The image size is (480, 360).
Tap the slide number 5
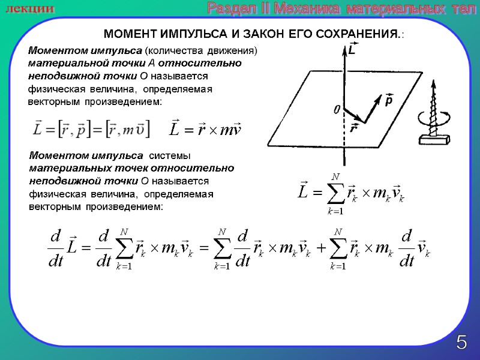[461, 343]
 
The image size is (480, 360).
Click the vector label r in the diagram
[354, 128]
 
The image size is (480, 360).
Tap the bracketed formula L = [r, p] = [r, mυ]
[91, 128]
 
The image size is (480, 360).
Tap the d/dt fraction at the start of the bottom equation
[55, 248]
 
